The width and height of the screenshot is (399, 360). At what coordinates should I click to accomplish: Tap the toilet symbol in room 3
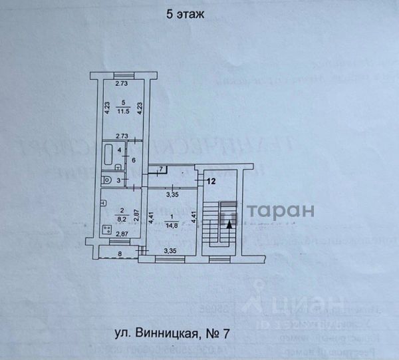(106, 179)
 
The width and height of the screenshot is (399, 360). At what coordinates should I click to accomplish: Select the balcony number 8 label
(120, 253)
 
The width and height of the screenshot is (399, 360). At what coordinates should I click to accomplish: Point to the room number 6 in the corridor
(133, 160)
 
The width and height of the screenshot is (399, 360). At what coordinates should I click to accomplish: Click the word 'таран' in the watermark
(281, 211)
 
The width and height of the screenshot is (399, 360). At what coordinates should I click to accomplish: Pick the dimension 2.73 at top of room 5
(120, 84)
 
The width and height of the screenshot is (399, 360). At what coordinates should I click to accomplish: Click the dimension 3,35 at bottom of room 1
(172, 252)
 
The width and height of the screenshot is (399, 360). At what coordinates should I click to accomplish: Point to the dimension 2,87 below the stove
(120, 234)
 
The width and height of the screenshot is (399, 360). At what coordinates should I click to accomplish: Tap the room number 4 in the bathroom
(120, 150)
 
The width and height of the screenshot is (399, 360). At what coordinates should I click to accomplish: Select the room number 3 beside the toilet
(120, 180)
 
